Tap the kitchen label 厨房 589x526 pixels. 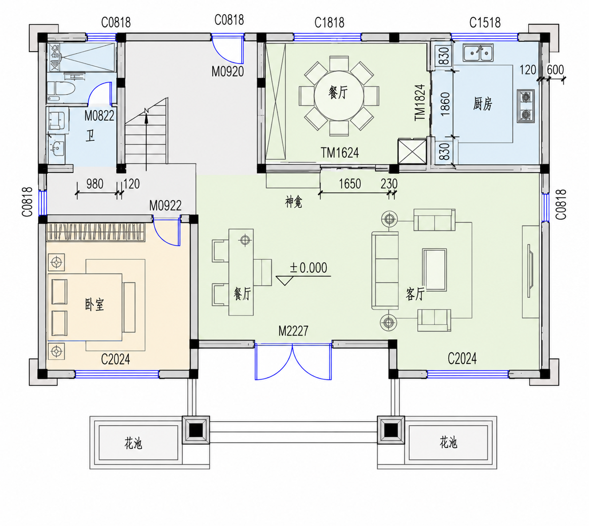[x=482, y=104]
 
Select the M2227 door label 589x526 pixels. [x=293, y=331]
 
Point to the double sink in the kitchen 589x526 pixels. [x=478, y=53]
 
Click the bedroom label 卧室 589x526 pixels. [x=95, y=305]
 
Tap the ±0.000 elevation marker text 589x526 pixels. [x=308, y=268]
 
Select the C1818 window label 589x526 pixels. [x=329, y=22]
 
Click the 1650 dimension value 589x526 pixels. [x=350, y=184]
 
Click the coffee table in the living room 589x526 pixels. [x=435, y=269]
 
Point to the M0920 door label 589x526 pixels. [x=228, y=71]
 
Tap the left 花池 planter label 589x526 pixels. [x=134, y=443]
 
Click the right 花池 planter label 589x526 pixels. [x=448, y=443]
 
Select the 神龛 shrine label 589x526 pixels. [x=294, y=202]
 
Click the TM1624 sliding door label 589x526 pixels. [x=340, y=153]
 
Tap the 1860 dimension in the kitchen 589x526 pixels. [x=445, y=104]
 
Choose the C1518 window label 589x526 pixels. [x=485, y=22]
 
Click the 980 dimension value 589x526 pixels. [x=95, y=184]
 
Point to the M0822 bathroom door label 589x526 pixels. [x=99, y=116]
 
